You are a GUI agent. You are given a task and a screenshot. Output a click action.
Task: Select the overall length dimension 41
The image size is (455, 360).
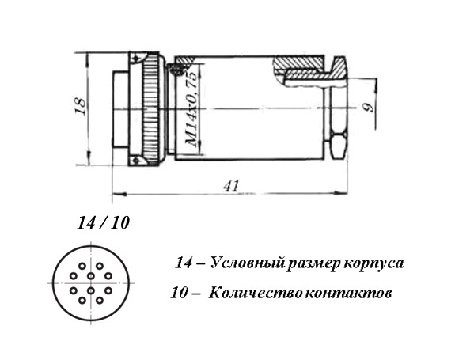coord(231,186)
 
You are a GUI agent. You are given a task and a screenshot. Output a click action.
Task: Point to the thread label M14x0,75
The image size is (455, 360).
coord(191,109)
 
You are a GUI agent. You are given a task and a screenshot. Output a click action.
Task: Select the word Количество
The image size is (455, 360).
coord(252,294)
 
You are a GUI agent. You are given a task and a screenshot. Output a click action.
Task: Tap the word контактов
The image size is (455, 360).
coord(348,294)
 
